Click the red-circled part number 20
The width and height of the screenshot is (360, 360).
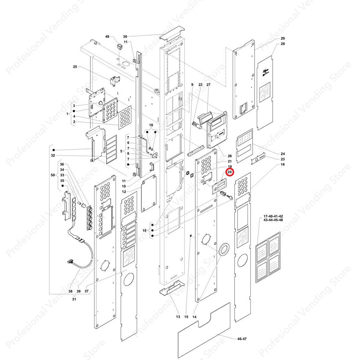230,172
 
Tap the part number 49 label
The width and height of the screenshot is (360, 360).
107,36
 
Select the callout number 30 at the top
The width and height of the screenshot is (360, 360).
125,36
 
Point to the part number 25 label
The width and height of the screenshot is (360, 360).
75,67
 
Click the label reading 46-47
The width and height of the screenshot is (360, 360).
242,339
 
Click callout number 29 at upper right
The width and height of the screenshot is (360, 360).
283,38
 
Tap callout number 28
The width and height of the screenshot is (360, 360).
283,44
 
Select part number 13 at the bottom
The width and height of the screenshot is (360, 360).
178,317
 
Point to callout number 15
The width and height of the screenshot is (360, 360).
186,317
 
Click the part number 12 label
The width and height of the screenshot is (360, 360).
124,192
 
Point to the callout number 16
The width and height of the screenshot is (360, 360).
283,165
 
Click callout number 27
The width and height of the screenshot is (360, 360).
209,85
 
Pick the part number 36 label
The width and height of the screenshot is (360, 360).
62,164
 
